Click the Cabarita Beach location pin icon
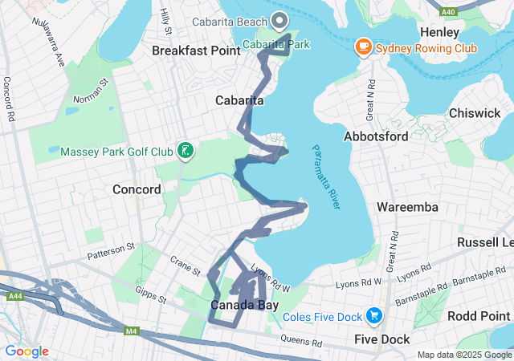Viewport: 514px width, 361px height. pyautogui.click(x=279, y=20)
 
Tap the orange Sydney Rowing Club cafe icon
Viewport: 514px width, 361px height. pyautogui.click(x=363, y=48)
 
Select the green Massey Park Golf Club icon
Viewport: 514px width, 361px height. pyautogui.click(x=186, y=151)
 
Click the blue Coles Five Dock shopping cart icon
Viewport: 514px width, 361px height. pyautogui.click(x=373, y=315)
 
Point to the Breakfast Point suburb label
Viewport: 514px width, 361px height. pyautogui.click(x=196, y=51)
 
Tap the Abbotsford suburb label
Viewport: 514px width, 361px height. pyautogui.click(x=377, y=136)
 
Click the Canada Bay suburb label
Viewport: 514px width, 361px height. pyautogui.click(x=240, y=306)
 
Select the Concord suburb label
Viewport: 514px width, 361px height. pyautogui.click(x=137, y=189)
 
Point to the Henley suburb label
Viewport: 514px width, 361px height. pyautogui.click(x=439, y=33)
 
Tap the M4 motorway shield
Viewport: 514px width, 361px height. pyautogui.click(x=130, y=331)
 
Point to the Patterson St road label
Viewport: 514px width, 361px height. pyautogui.click(x=108, y=252)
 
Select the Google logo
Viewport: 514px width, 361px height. pyautogui.click(x=27, y=351)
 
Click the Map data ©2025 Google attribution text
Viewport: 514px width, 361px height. pyautogui.click(x=464, y=355)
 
